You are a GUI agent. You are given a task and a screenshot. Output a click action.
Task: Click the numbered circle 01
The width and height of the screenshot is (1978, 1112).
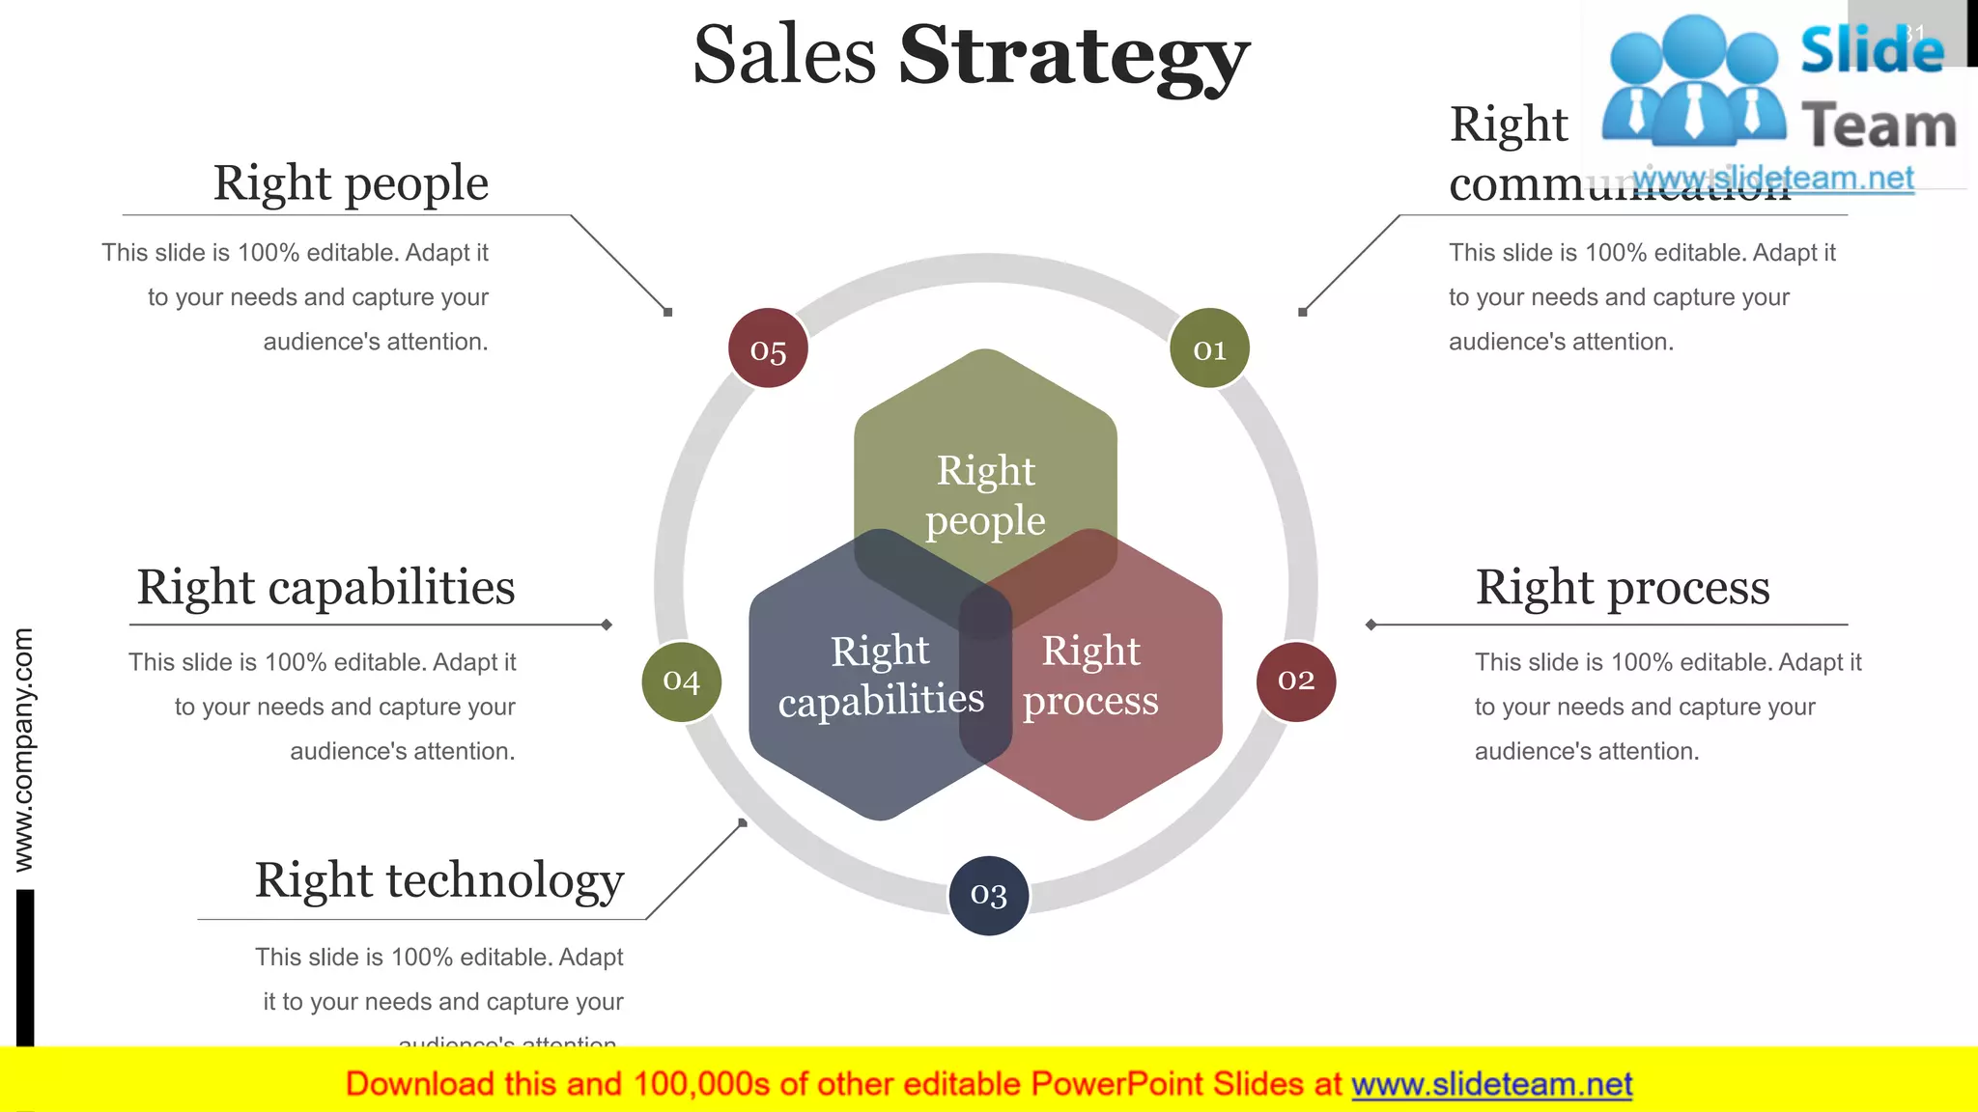click(1209, 348)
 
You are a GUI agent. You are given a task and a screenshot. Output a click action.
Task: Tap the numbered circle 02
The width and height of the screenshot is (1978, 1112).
click(1296, 681)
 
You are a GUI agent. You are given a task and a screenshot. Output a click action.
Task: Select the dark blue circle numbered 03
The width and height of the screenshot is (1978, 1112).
click(988, 895)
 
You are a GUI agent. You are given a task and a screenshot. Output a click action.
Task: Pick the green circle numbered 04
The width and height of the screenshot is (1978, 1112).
click(681, 681)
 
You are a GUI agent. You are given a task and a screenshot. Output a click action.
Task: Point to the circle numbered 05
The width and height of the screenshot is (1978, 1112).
click(768, 348)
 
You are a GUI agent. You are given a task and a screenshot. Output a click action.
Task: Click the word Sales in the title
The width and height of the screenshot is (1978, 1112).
click(784, 56)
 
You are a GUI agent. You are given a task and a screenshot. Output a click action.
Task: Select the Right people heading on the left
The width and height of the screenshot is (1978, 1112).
click(351, 183)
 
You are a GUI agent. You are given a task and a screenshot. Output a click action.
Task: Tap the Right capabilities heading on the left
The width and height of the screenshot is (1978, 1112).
click(325, 587)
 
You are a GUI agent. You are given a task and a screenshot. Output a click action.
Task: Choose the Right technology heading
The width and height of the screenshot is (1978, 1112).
click(439, 880)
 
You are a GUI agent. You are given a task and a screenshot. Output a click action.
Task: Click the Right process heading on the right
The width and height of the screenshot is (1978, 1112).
click(1623, 587)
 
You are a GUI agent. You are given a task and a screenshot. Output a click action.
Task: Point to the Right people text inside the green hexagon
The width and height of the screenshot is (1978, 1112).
click(985, 495)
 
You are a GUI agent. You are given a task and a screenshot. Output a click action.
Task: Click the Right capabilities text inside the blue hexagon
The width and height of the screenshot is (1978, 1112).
click(881, 676)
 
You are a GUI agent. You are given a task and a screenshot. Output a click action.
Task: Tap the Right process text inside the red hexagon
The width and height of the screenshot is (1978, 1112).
click(1091, 676)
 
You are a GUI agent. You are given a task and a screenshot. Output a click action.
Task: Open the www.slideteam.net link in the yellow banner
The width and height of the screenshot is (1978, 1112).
click(1491, 1085)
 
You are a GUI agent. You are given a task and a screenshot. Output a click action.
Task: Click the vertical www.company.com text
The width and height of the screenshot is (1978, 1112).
click(23, 750)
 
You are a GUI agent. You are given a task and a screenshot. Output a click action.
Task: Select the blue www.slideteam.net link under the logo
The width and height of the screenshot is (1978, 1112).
click(1772, 179)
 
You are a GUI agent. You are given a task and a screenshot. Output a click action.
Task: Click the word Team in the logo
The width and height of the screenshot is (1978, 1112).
click(1879, 125)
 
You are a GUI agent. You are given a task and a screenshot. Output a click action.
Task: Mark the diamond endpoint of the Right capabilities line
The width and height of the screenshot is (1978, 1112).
click(607, 625)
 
